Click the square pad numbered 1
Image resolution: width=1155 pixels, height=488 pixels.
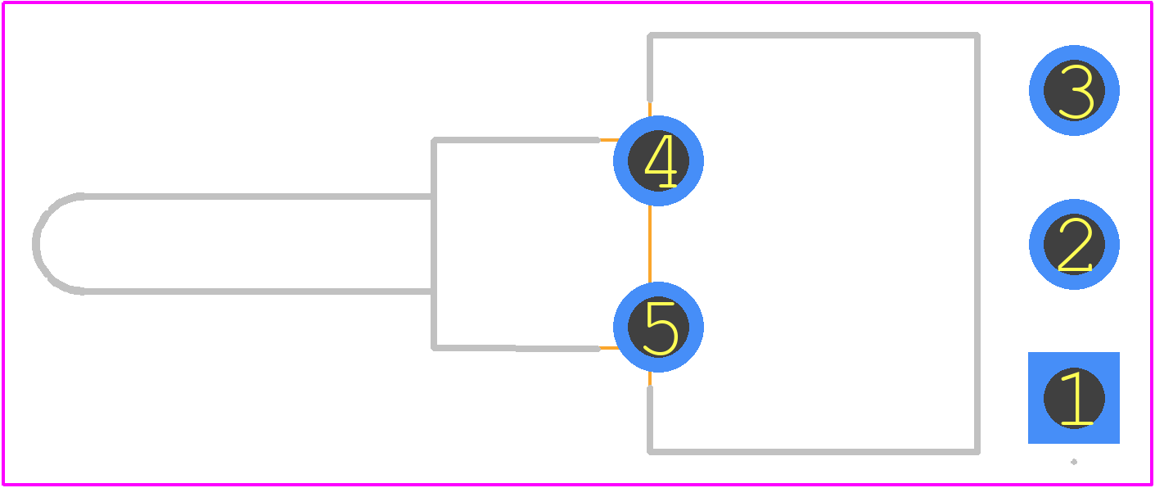click(1073, 398)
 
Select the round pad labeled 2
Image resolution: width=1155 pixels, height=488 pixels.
click(1074, 244)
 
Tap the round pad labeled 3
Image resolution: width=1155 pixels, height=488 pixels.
click(1074, 90)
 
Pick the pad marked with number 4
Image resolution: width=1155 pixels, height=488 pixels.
click(658, 161)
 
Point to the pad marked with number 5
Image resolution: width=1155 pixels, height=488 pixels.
click(658, 327)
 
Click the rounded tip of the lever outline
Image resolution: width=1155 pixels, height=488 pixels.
click(36, 244)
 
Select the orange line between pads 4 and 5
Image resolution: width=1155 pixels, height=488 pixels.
click(650, 244)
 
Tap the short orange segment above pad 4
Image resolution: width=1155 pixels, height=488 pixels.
click(650, 109)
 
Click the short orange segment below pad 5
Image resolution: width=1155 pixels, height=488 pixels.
click(650, 378)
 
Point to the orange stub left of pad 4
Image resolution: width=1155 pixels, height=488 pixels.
click(608, 140)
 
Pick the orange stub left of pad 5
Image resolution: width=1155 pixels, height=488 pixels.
click(608, 348)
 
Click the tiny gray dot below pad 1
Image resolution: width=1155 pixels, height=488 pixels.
click(1073, 462)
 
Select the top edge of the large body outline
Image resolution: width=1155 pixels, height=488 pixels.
click(814, 35)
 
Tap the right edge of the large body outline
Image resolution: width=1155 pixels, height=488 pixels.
click(977, 243)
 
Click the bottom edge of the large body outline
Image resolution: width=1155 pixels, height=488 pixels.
click(814, 452)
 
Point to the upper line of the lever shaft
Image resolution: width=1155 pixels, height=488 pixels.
click(258, 196)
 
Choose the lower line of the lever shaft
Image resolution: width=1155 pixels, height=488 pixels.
click(258, 291)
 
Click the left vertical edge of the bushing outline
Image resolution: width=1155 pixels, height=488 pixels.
click(434, 244)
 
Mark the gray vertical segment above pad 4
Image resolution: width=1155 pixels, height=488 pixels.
click(650, 67)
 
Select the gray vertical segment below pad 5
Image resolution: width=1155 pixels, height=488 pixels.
click(650, 420)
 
